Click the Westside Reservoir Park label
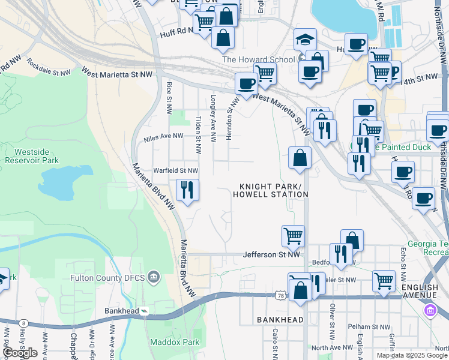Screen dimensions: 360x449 pyautogui.click(x=32, y=155)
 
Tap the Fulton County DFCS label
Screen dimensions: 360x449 pyautogui.click(x=107, y=277)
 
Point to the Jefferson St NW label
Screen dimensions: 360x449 pyautogui.click(x=271, y=255)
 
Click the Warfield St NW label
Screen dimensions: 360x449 pyautogui.click(x=176, y=170)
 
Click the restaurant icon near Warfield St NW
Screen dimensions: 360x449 pyautogui.click(x=187, y=190)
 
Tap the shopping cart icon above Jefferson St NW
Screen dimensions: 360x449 pyautogui.click(x=293, y=235)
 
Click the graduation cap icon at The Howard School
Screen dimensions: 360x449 pyautogui.click(x=305, y=40)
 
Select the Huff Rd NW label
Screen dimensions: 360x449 pyautogui.click(x=175, y=34)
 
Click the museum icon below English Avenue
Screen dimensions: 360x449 pyautogui.click(x=430, y=310)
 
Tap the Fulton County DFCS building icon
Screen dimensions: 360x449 pyautogui.click(x=154, y=277)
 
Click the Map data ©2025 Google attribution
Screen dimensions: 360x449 pyautogui.click(x=412, y=355)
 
